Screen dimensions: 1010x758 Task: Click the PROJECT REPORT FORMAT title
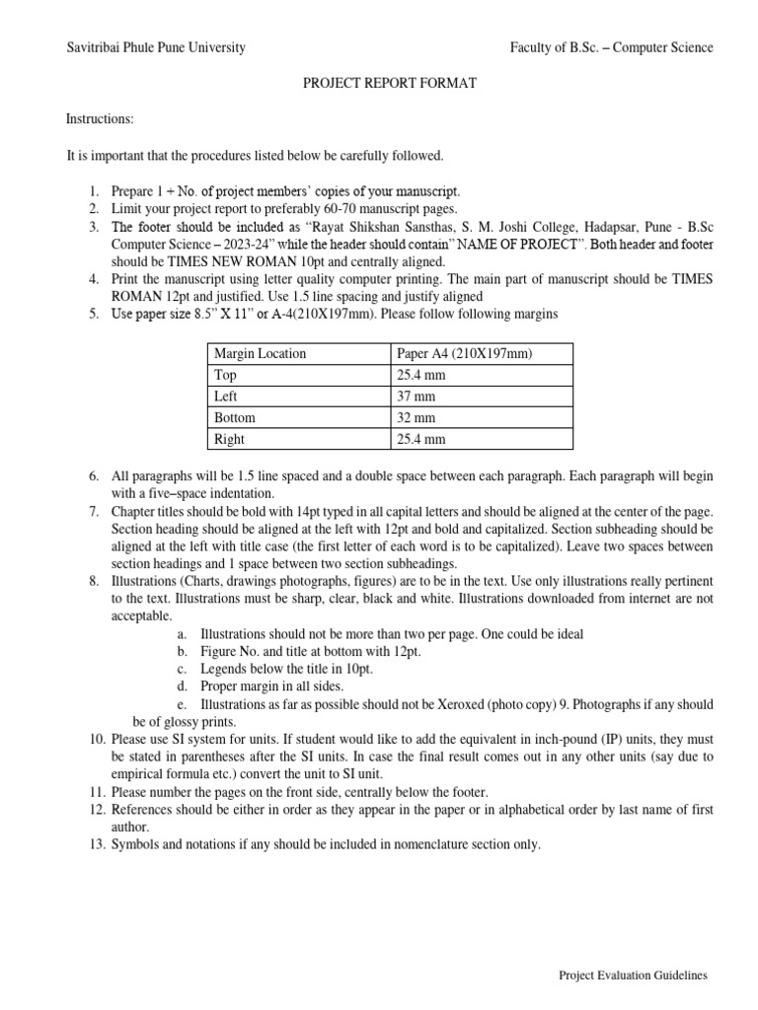point(389,84)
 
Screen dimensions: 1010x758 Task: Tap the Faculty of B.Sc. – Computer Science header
point(611,47)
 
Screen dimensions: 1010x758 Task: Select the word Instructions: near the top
point(100,119)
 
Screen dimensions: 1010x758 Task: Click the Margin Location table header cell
point(261,353)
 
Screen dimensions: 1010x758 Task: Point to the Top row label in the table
point(226,375)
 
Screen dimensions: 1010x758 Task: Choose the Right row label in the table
point(230,439)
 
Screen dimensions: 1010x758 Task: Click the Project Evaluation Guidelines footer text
point(633,975)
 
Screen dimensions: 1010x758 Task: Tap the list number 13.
point(97,844)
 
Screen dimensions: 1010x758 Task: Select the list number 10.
point(97,739)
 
